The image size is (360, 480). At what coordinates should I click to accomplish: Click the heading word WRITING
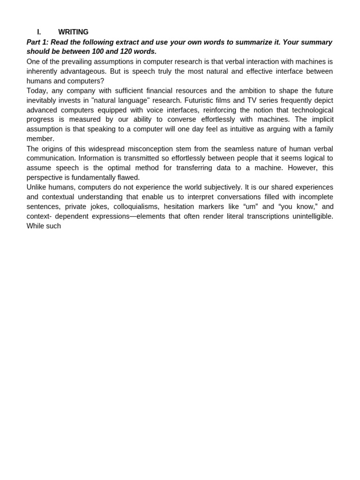coord(73,32)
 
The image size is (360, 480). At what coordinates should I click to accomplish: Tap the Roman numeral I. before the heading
coord(39,32)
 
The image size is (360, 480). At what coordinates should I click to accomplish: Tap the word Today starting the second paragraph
coord(37,90)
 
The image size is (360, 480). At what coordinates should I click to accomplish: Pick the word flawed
coord(127,178)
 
